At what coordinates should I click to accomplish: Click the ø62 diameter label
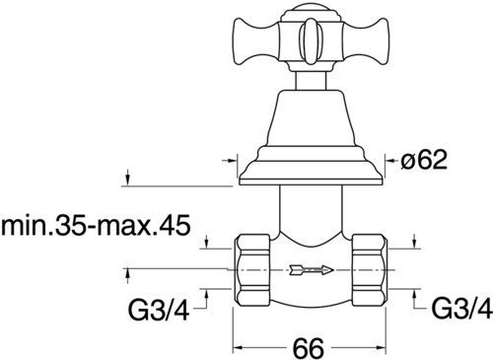coord(424,161)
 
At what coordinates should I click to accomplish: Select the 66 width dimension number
coord(309,347)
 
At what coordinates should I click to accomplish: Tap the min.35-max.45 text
coord(96,226)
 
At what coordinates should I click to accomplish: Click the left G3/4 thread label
coord(159,310)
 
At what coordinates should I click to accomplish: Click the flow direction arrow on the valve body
coord(312,270)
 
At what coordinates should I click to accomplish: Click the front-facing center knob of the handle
coord(311,41)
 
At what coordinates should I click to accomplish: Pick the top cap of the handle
coord(311,14)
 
